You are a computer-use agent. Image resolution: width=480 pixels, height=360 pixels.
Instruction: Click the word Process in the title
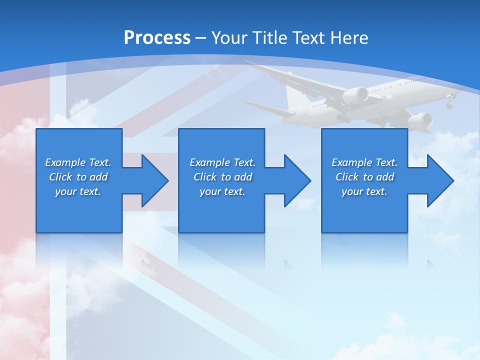click(157, 37)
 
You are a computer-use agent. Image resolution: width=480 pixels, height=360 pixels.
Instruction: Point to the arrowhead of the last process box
click(439, 180)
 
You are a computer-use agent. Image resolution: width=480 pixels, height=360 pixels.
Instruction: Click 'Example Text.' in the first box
click(78, 162)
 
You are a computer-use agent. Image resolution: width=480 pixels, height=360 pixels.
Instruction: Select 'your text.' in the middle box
click(222, 191)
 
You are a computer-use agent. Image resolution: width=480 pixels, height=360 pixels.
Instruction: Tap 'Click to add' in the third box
click(364, 177)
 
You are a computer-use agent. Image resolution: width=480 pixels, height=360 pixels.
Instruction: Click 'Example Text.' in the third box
click(364, 162)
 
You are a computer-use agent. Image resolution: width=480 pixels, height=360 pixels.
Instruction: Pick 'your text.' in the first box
click(78, 191)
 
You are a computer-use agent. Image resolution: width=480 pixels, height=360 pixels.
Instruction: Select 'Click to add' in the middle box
click(222, 177)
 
